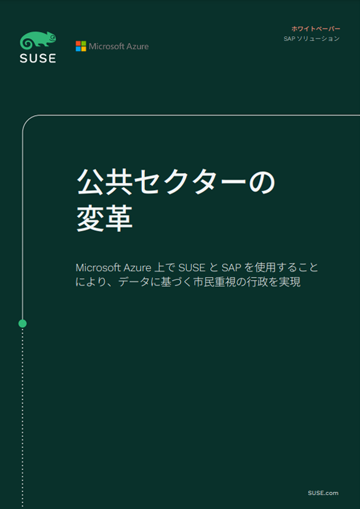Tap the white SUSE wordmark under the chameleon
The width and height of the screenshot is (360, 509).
pos(38,58)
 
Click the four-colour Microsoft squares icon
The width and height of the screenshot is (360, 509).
pos(81,46)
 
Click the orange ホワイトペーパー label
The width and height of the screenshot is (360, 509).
pos(316,28)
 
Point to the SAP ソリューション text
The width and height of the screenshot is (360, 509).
pos(312,39)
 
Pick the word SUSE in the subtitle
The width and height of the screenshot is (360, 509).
pos(192,268)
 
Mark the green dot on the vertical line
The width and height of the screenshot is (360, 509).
pos(22,324)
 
